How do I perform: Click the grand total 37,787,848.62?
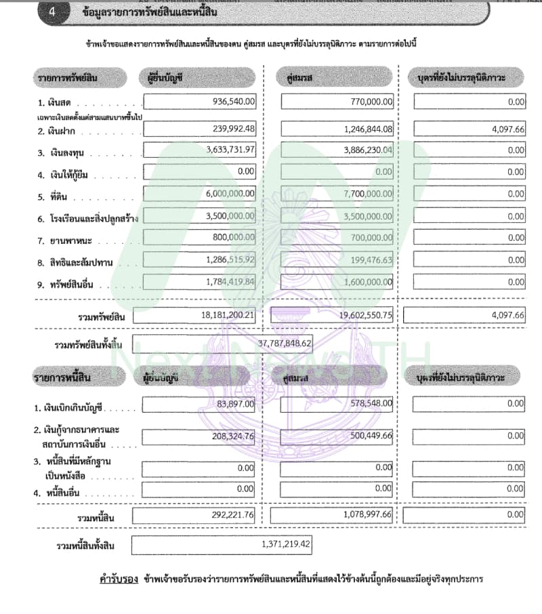(x=285, y=344)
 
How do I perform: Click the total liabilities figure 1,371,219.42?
(x=285, y=544)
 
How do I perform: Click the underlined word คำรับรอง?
(x=119, y=579)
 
